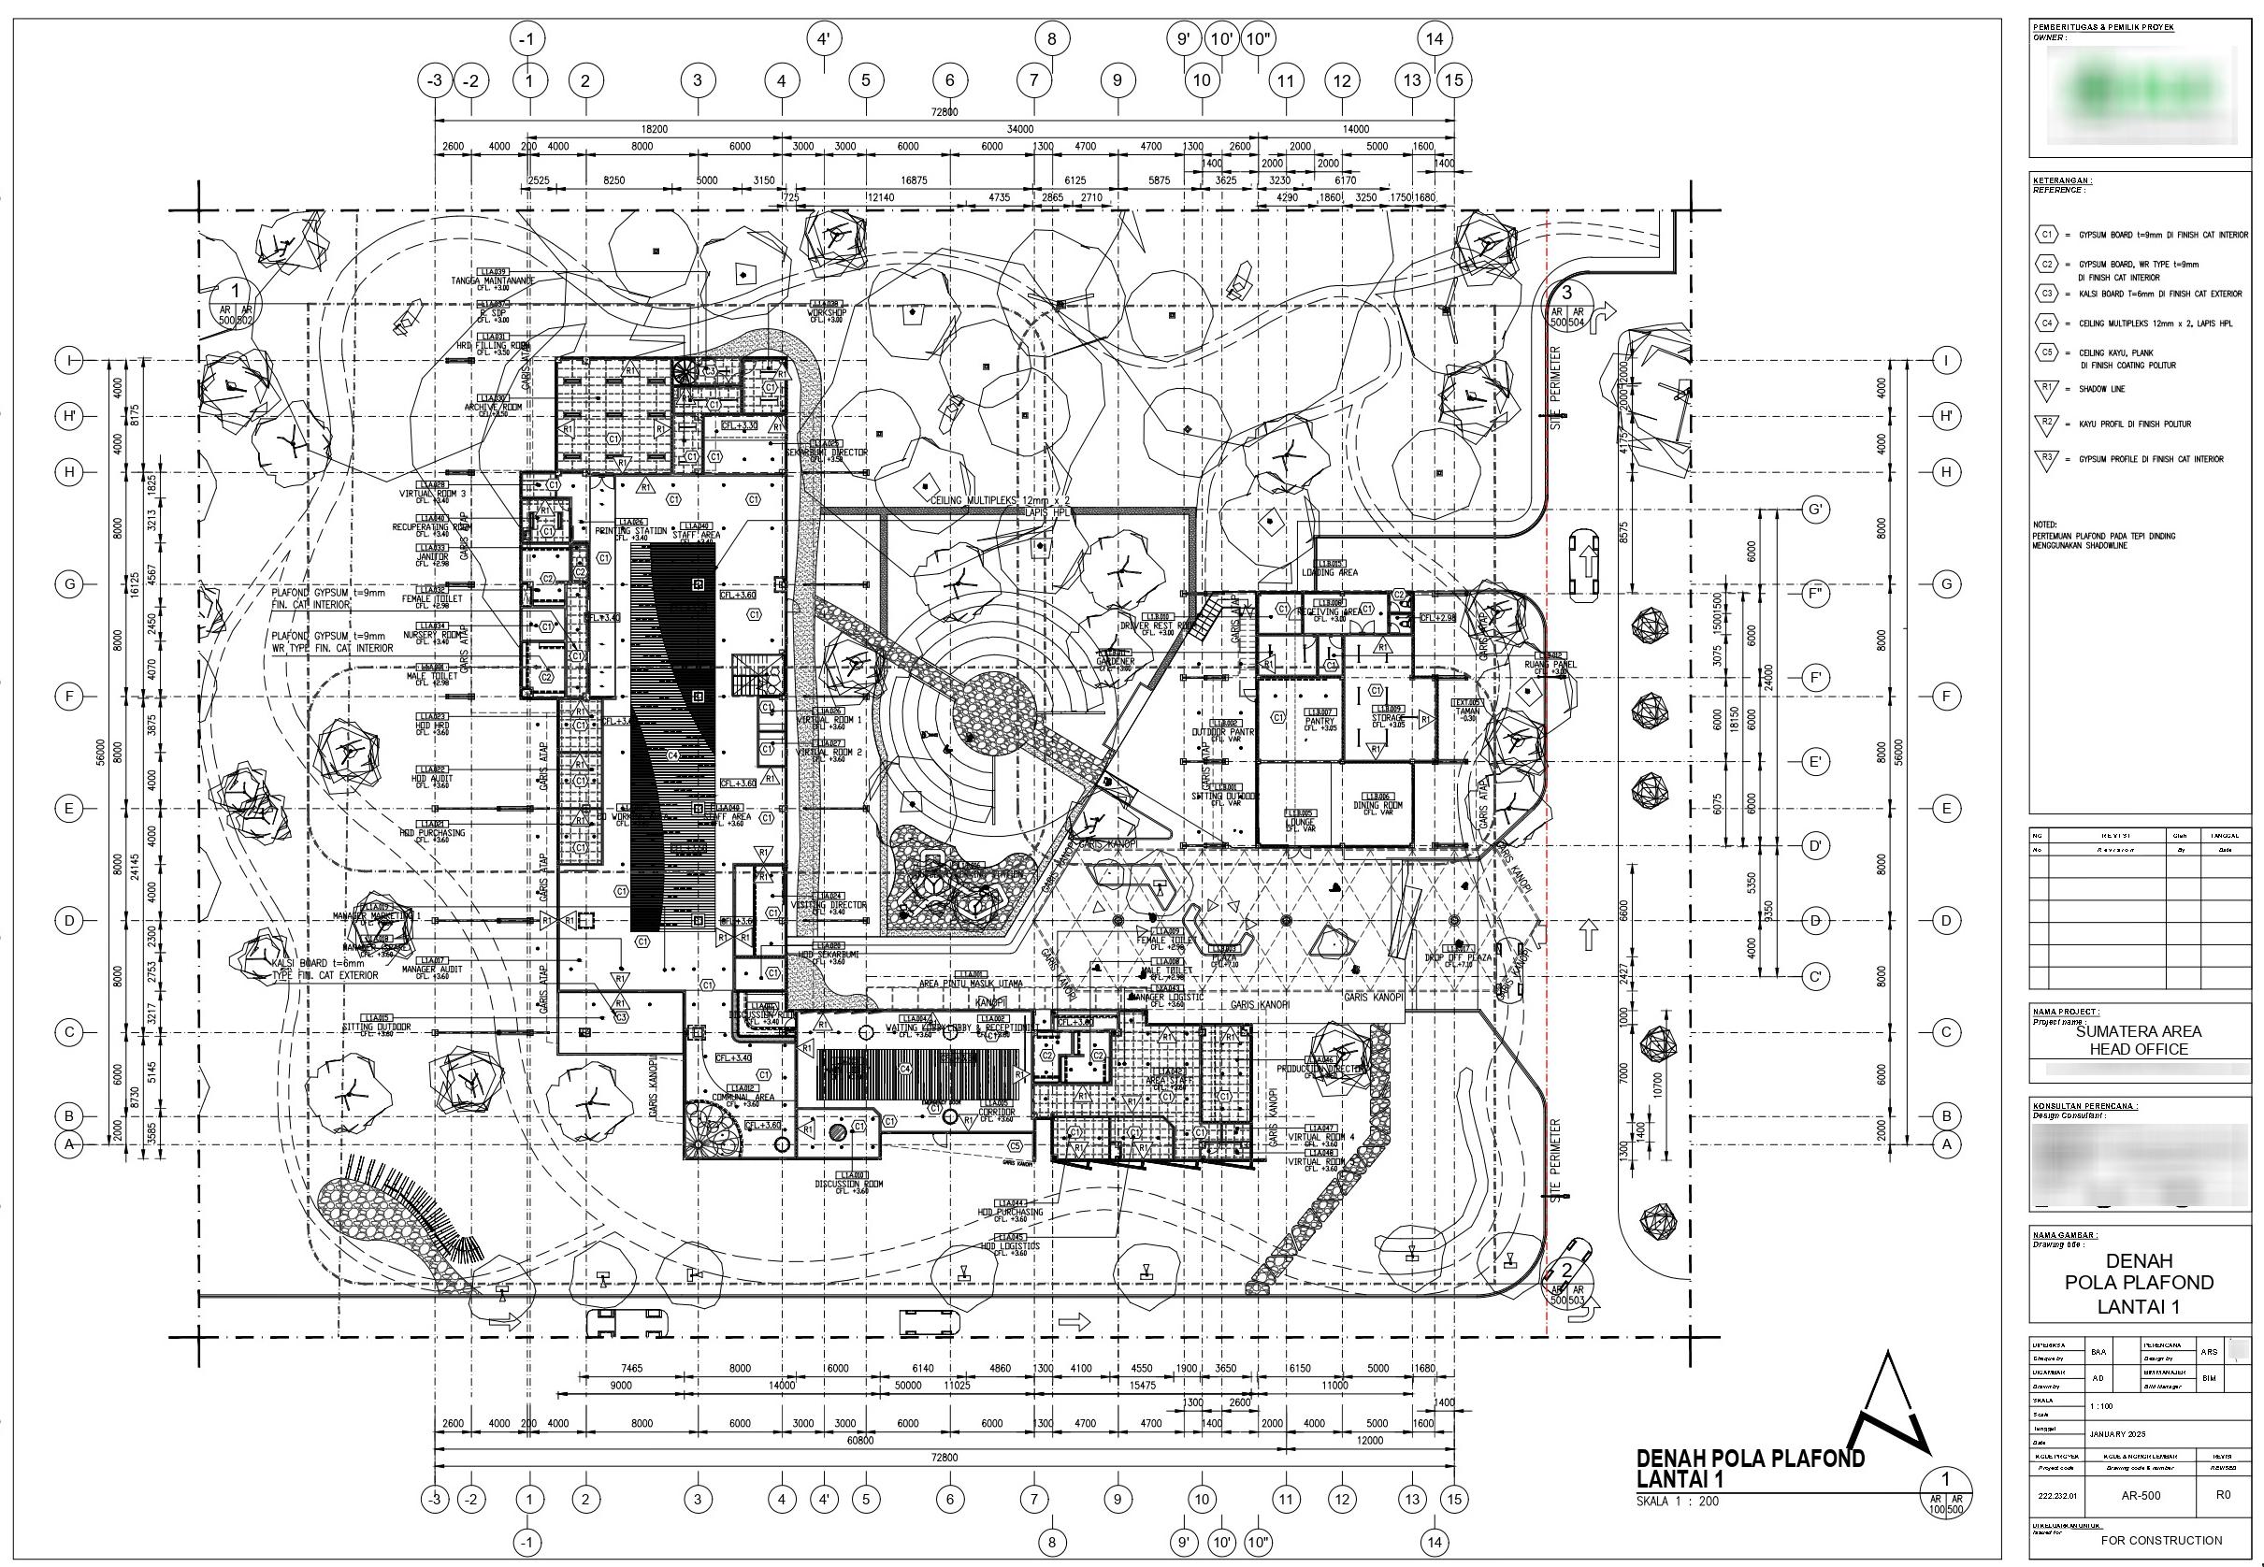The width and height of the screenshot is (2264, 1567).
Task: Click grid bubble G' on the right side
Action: (1815, 510)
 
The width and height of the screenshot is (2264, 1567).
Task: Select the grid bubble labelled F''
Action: (1815, 594)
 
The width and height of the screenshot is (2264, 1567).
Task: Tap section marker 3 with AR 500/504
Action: (1566, 303)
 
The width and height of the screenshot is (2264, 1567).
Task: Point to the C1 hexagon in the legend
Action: (2046, 235)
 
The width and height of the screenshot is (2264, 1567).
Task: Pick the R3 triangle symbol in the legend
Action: (2047, 458)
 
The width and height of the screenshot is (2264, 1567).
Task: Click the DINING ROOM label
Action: (1378, 805)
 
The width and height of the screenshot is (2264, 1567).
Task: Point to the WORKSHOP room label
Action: (827, 312)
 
